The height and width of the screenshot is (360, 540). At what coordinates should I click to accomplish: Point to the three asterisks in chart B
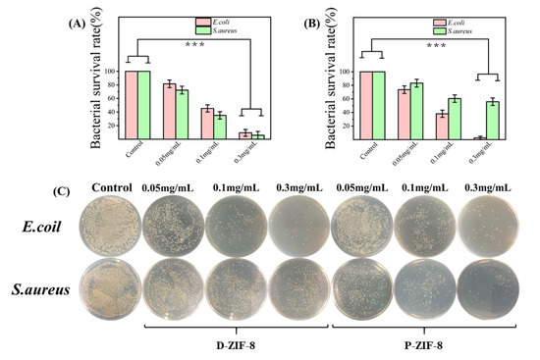coord(440,44)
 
